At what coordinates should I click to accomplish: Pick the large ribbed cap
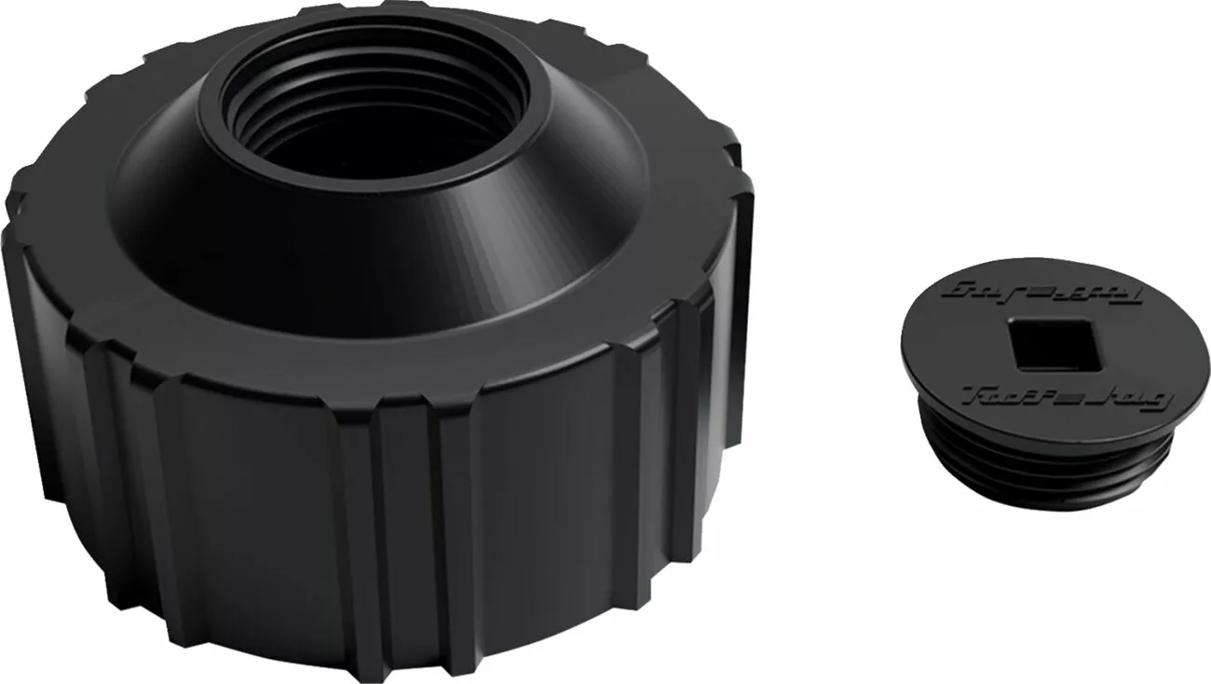(x=373, y=373)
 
